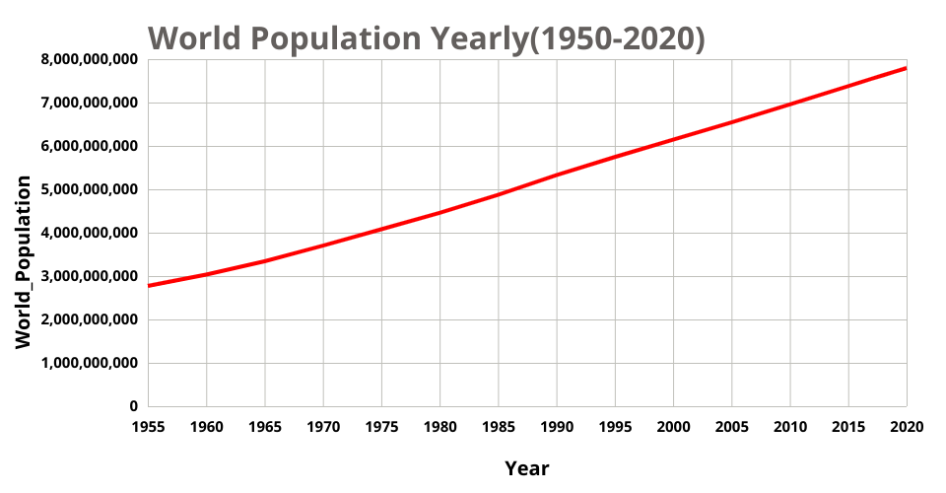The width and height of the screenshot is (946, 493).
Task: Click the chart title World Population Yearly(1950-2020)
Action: click(427, 37)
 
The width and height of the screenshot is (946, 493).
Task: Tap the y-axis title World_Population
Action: click(24, 262)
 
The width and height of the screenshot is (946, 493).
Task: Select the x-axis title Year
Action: click(527, 468)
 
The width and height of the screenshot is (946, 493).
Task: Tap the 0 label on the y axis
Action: click(133, 406)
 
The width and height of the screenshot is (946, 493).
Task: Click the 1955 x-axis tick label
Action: click(148, 427)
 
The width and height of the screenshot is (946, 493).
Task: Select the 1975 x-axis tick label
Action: click(381, 427)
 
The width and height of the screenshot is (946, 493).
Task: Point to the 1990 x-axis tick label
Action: click(557, 427)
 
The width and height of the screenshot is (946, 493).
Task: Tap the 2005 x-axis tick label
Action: click(731, 427)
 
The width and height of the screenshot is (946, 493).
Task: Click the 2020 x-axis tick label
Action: click(906, 427)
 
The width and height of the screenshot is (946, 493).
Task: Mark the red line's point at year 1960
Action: click(206, 274)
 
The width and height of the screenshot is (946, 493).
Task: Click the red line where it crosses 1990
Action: click(557, 176)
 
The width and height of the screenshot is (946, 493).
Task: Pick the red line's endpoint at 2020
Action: click(906, 68)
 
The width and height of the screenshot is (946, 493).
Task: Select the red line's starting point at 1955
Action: click(149, 286)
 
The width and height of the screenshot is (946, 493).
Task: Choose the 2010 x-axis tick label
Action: click(789, 427)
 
